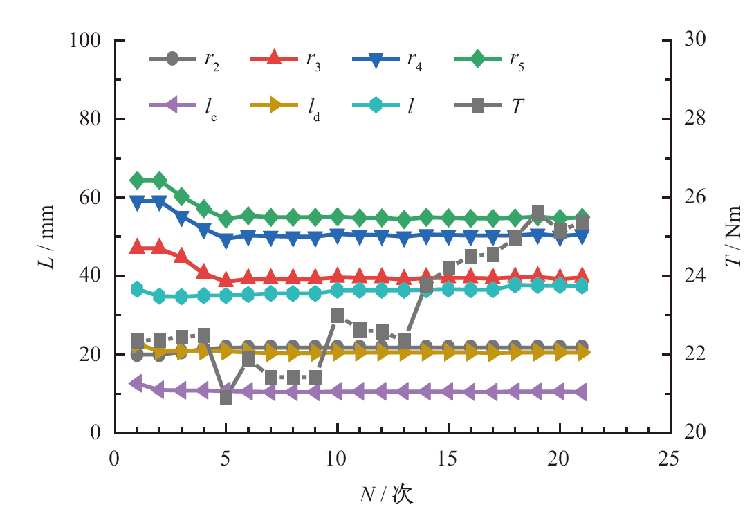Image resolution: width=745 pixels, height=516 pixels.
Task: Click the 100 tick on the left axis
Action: (x=86, y=41)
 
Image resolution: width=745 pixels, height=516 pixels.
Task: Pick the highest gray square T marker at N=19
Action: (x=537, y=212)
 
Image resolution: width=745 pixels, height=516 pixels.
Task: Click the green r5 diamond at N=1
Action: (x=137, y=181)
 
